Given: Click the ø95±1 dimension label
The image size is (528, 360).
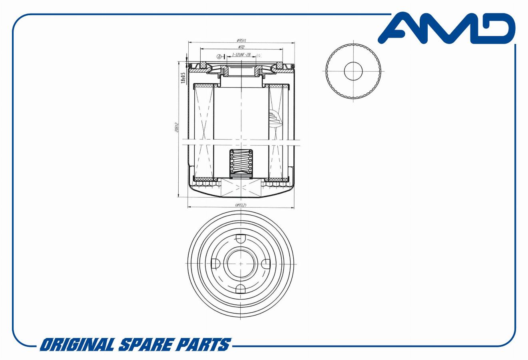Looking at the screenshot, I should point(241,40).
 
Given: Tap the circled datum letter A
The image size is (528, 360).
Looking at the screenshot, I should point(219,56).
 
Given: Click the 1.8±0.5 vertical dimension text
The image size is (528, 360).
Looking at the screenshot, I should point(183,78).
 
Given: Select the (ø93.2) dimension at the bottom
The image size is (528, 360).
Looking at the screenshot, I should point(241,205).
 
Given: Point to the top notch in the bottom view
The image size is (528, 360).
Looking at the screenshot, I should point(241,238).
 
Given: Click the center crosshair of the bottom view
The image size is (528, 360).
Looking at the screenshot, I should point(241,264).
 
